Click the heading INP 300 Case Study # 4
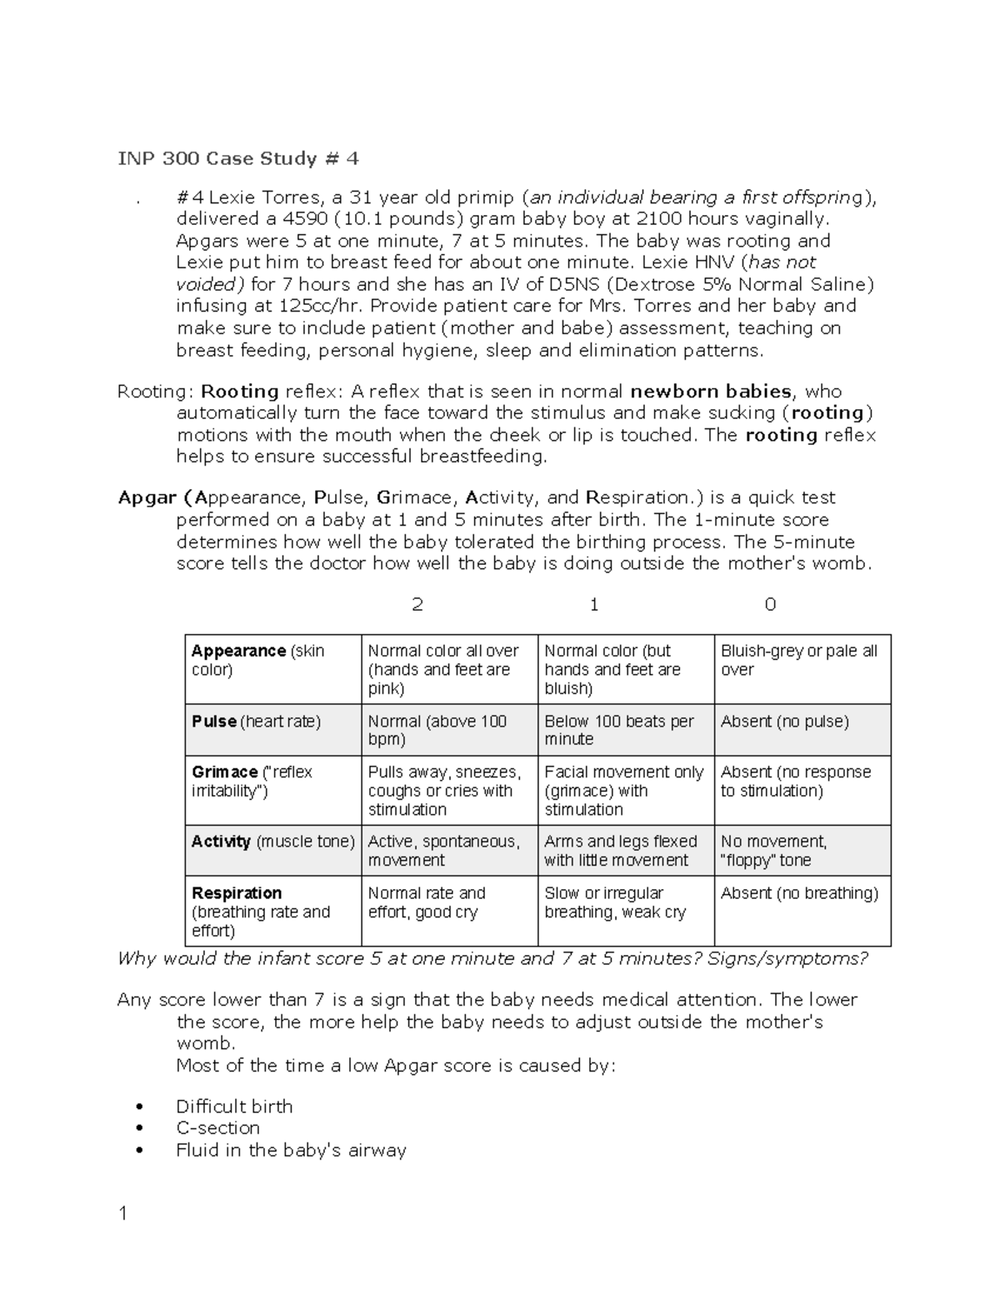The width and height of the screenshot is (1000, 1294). (x=237, y=158)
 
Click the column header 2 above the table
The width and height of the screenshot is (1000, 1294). (x=417, y=605)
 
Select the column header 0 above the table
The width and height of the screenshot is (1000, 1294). (x=770, y=605)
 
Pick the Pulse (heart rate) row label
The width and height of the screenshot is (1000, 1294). (x=256, y=722)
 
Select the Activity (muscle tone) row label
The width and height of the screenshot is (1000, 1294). (x=272, y=842)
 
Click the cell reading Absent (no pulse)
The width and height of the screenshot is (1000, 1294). (x=784, y=722)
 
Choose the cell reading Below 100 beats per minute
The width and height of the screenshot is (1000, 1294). (x=618, y=730)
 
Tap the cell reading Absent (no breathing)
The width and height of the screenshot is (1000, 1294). (x=799, y=893)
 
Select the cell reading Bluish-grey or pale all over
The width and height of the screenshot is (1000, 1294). (x=798, y=660)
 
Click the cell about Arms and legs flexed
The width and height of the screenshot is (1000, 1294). (x=620, y=851)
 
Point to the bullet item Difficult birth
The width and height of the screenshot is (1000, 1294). (x=234, y=1107)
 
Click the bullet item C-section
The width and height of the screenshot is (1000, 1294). (x=217, y=1128)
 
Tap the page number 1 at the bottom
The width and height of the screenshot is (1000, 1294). (x=123, y=1214)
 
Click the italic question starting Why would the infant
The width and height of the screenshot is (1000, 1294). (x=492, y=959)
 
